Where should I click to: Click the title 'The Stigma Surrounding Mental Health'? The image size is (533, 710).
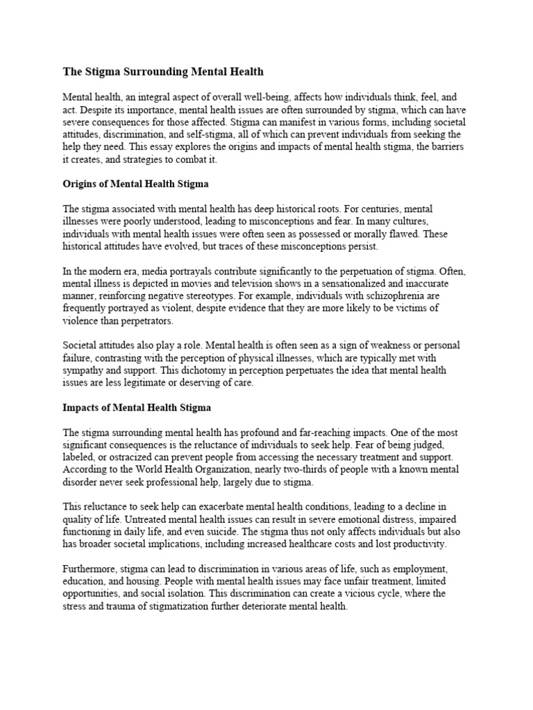[163, 71]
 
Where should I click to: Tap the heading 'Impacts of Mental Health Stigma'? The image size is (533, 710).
[137, 408]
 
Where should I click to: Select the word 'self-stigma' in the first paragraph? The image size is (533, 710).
[212, 134]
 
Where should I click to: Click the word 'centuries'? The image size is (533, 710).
[375, 209]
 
